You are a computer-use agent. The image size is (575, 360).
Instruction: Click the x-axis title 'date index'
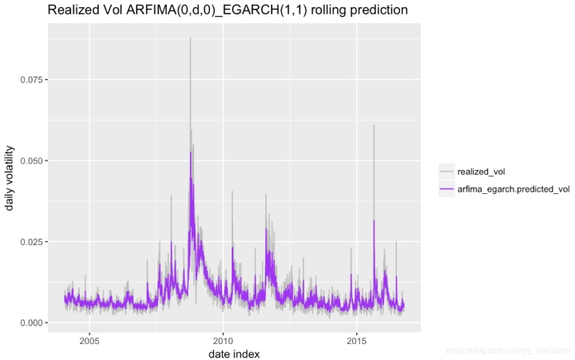point(233,353)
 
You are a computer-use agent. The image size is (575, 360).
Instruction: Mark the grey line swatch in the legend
point(447,171)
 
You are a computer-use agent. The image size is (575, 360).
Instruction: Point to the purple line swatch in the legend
point(447,189)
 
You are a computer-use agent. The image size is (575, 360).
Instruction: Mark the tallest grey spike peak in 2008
point(190,38)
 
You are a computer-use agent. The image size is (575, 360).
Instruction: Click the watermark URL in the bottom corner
point(508,350)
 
